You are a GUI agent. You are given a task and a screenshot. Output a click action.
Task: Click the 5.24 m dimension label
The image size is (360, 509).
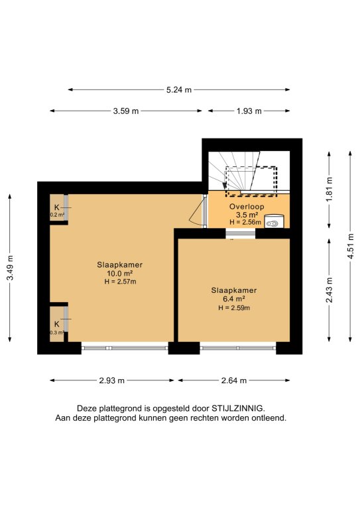[179, 90]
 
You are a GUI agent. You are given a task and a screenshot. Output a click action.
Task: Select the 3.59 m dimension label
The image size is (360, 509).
[125, 111]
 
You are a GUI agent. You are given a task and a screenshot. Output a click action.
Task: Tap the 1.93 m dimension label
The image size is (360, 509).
[249, 111]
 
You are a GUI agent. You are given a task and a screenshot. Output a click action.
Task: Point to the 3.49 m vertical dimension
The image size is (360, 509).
[11, 268]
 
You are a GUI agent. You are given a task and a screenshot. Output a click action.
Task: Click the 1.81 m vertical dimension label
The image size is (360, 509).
[330, 190]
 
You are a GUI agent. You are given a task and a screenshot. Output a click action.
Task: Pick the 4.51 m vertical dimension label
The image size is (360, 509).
[351, 246]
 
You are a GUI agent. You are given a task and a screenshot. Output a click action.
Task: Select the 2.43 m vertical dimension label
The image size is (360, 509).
[330, 290]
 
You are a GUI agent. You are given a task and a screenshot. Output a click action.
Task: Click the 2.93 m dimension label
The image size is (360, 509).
[111, 380]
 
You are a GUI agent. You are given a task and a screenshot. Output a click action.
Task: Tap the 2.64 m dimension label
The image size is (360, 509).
[234, 380]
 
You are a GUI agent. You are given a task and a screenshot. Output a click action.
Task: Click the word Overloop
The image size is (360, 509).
[247, 207]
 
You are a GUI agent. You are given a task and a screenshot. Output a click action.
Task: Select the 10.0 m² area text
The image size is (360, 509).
[120, 273]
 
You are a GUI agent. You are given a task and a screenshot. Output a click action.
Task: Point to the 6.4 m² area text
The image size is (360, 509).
[234, 299]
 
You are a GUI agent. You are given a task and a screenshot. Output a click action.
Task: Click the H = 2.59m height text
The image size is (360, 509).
[234, 308]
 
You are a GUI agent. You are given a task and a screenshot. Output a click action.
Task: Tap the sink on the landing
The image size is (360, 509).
[273, 221]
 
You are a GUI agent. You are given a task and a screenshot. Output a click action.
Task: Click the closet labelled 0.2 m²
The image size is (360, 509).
[57, 207]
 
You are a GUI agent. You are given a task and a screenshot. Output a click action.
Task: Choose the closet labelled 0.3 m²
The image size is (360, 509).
[57, 324]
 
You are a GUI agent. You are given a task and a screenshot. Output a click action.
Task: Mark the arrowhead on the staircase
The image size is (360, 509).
[224, 185]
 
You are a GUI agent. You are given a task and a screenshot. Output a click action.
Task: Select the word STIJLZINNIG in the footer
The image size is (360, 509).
[238, 408]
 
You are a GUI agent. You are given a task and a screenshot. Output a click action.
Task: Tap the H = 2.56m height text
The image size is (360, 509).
[245, 223]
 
